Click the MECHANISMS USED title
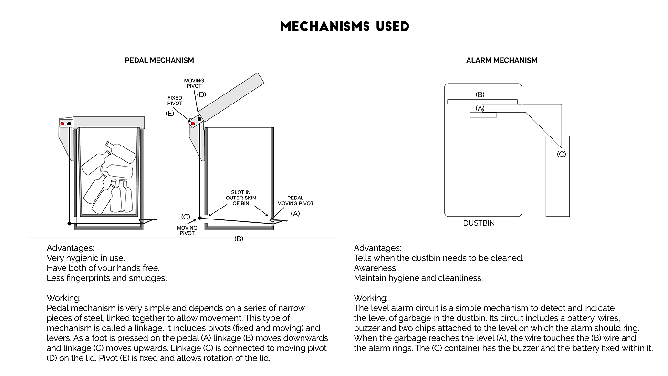(x=344, y=27)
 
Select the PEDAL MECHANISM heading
(x=159, y=60)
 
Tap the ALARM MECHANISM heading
(x=501, y=60)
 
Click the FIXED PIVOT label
(x=175, y=101)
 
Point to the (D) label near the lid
(x=201, y=94)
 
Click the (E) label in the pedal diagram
(x=170, y=113)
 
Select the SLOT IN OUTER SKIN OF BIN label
(x=240, y=198)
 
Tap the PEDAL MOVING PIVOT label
(x=295, y=201)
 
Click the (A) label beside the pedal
(x=295, y=213)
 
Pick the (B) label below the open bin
(x=239, y=239)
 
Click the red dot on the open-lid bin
(x=193, y=124)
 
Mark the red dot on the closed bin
(x=63, y=124)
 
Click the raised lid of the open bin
(x=231, y=97)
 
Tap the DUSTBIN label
(x=479, y=223)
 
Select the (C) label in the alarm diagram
(x=561, y=154)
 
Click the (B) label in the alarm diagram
(x=480, y=94)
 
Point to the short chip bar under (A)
(x=483, y=115)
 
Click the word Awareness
(x=376, y=268)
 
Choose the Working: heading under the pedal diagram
(x=63, y=298)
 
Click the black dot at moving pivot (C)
(x=200, y=218)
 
